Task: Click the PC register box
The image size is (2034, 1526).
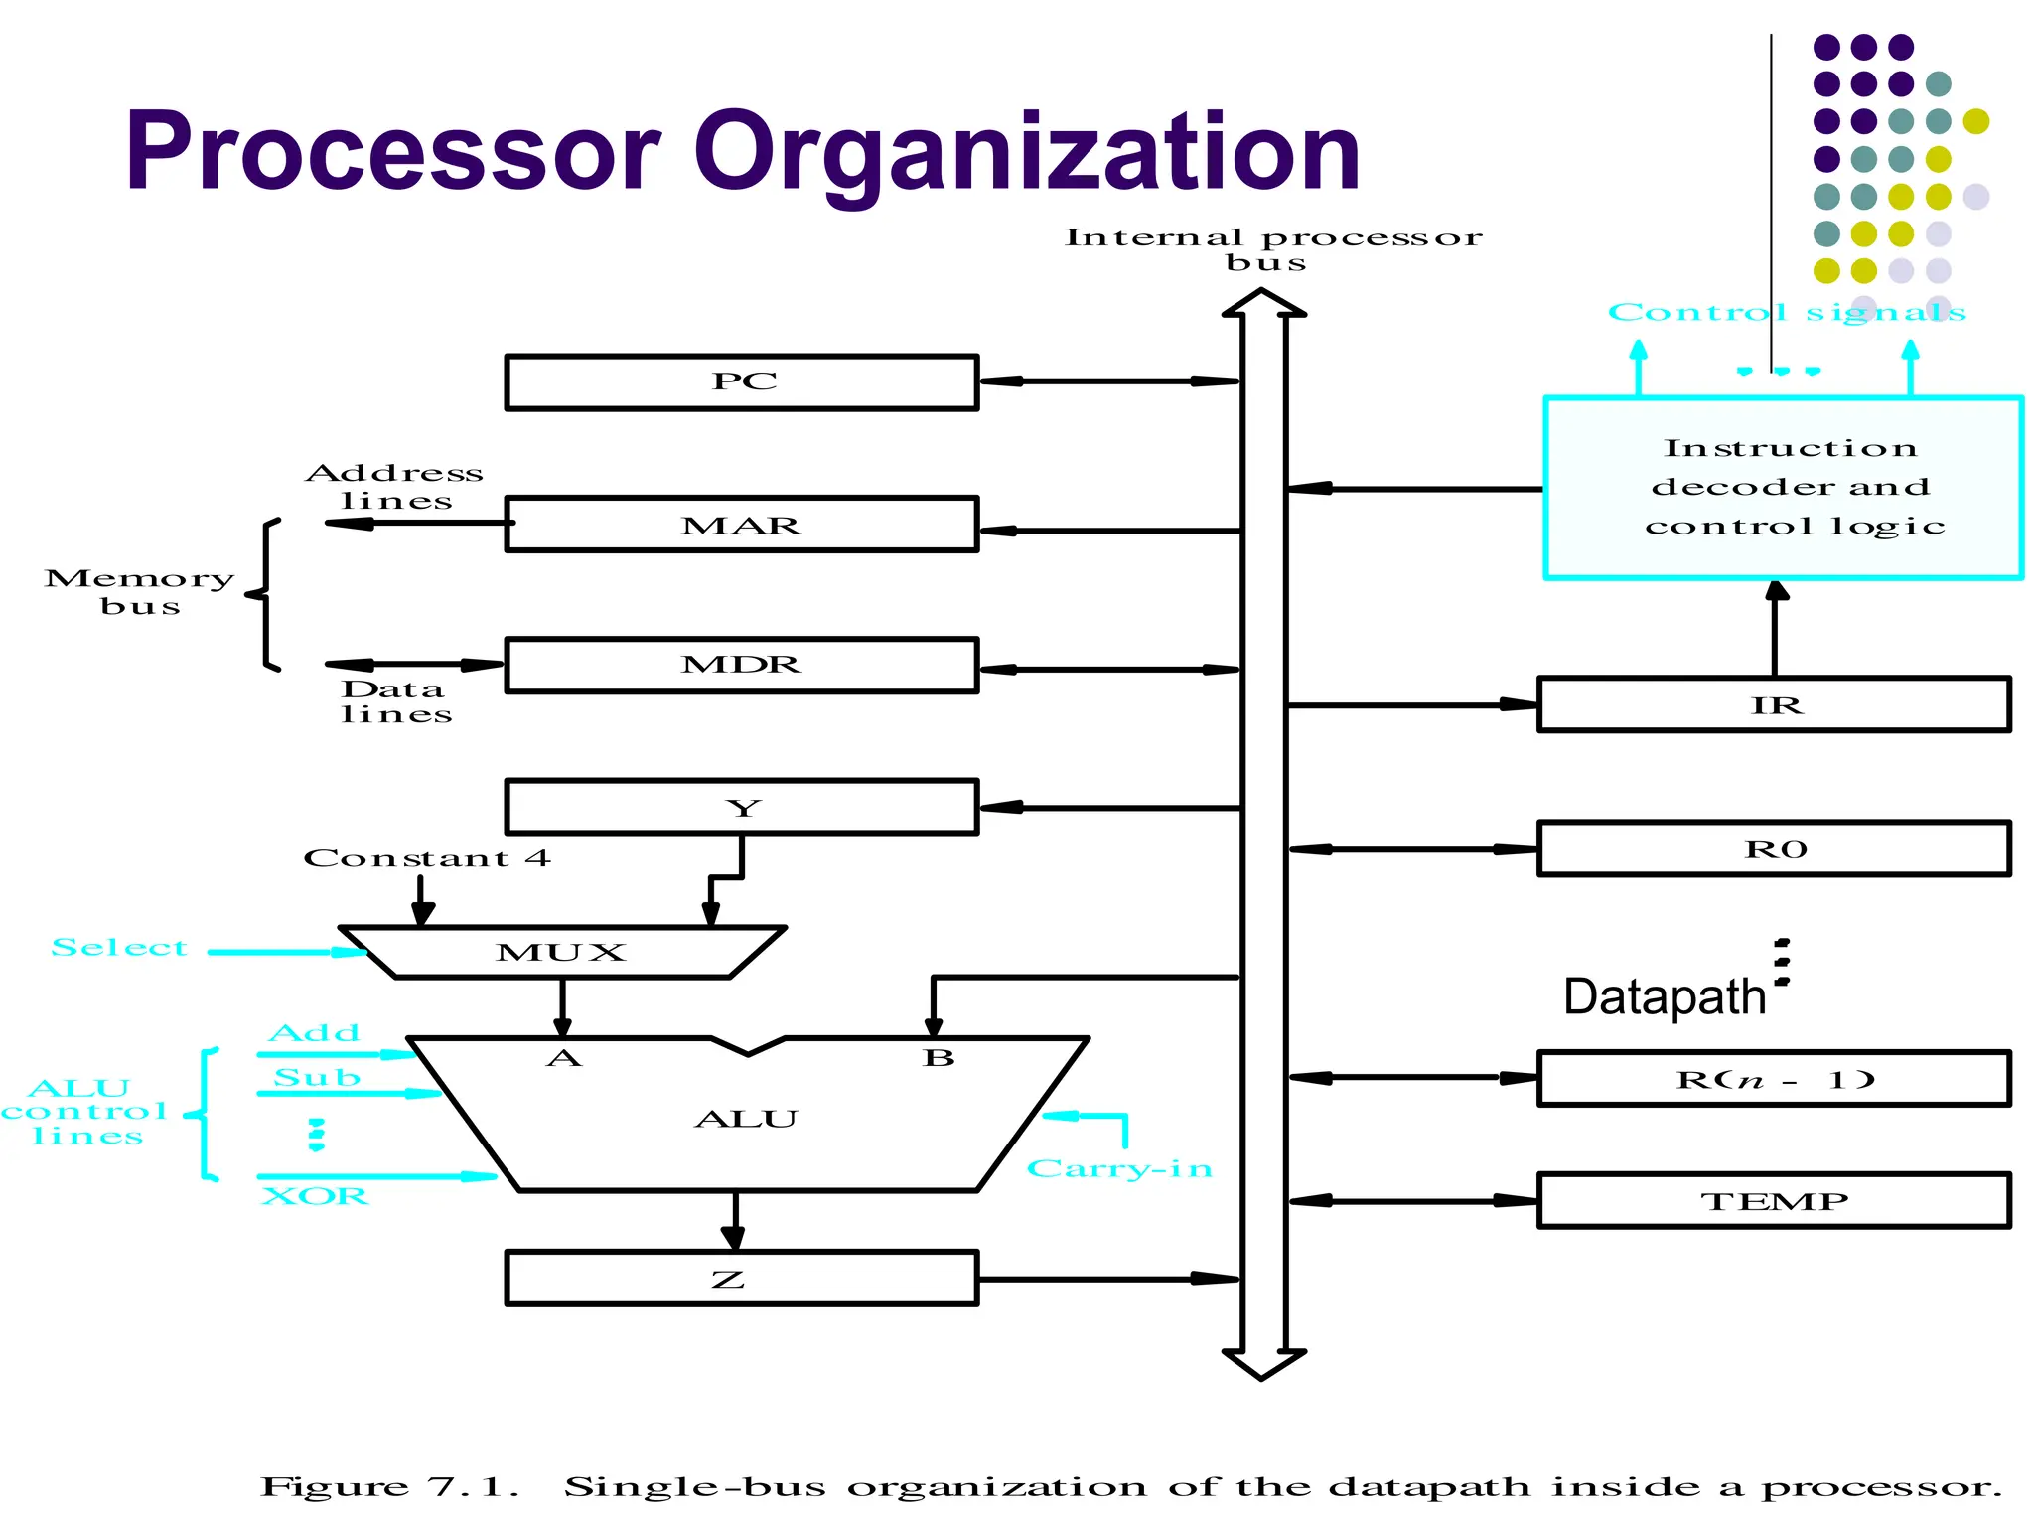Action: (742, 382)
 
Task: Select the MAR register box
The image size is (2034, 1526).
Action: (742, 525)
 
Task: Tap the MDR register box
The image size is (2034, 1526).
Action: (742, 665)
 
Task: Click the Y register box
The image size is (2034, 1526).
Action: (742, 807)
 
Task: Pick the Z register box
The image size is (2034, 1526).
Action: (742, 1278)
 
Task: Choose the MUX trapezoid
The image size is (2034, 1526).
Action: (562, 953)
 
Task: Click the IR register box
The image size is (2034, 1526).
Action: (1774, 705)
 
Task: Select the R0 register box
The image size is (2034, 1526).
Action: (1774, 849)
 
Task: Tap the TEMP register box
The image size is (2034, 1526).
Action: (1774, 1201)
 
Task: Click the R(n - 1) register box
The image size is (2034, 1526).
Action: (1774, 1079)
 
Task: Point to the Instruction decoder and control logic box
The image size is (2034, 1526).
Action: (1784, 488)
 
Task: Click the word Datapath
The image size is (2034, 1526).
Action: (1665, 996)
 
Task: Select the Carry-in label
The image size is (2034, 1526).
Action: (1119, 1168)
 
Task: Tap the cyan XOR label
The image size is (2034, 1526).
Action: (315, 1196)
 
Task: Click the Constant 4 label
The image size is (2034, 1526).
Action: (426, 858)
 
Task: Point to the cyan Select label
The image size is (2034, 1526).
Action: (119, 948)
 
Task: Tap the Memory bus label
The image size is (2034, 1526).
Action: (140, 592)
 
